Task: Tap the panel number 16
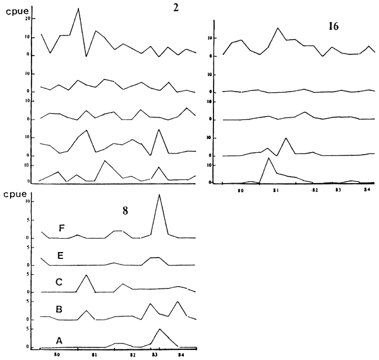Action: click(334, 27)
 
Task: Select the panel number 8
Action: click(125, 212)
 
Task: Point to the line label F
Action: click(61, 229)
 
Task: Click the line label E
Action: click(61, 256)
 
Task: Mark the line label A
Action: click(59, 340)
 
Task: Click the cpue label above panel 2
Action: click(15, 9)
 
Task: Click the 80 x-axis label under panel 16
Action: click(241, 189)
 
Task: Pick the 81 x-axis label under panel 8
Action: click(94, 356)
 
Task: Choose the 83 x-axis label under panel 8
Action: click(155, 356)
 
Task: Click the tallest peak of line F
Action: click(159, 195)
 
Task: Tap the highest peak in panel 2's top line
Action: click(78, 8)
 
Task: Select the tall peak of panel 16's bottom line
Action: click(269, 158)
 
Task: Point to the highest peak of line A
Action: click(160, 329)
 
